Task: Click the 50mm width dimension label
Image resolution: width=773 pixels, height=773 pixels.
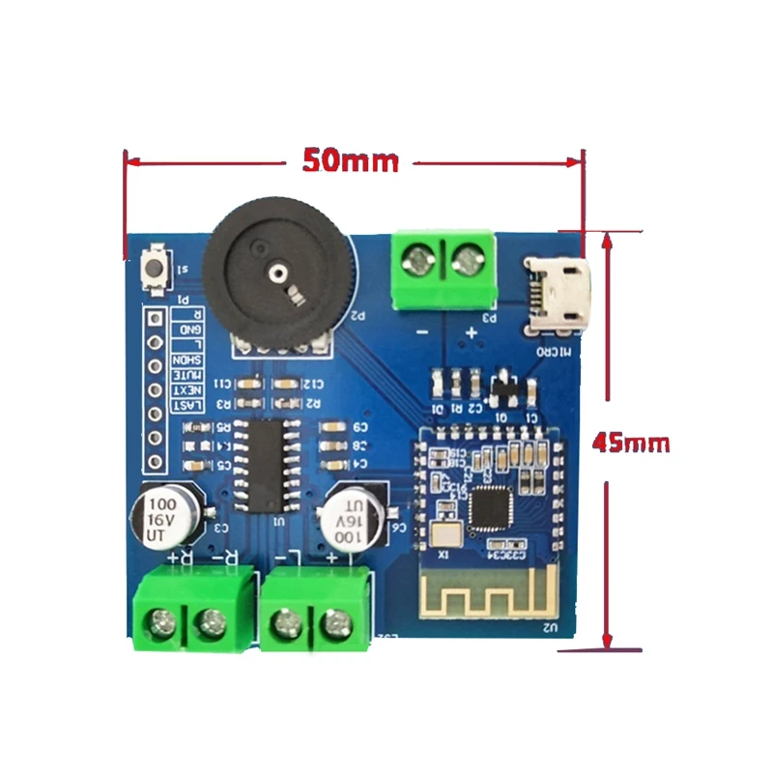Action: (350, 160)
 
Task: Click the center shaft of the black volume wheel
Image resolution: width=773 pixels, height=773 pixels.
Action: (276, 273)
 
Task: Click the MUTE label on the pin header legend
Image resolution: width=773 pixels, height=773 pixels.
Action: (186, 374)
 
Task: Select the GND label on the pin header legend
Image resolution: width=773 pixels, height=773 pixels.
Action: (186, 329)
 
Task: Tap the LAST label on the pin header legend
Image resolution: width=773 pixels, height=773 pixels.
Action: (186, 405)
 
